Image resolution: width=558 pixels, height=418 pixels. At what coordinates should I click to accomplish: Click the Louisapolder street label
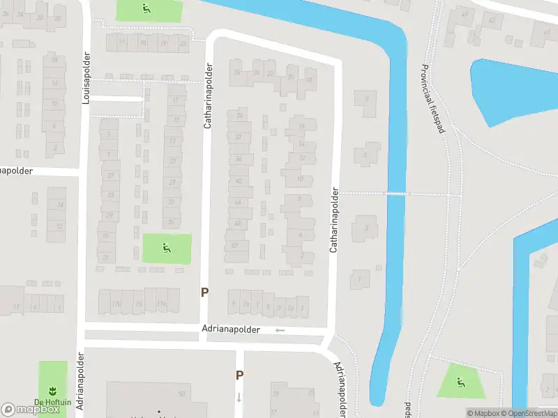(86, 78)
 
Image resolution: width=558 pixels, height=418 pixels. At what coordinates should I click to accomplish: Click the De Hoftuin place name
(52, 401)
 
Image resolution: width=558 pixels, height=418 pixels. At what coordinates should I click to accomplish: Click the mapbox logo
(30, 409)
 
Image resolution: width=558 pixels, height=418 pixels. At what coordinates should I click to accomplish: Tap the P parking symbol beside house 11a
(204, 293)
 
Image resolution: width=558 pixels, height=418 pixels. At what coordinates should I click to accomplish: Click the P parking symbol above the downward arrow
(239, 375)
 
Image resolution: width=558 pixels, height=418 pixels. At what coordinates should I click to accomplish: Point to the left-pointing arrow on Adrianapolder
(280, 330)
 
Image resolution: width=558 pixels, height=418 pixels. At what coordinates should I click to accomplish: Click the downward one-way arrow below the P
(239, 398)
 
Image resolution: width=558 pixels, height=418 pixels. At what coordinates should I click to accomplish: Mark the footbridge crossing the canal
(396, 194)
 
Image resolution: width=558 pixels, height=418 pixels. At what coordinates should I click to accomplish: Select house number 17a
(116, 304)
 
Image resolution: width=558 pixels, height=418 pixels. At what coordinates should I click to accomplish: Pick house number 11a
(161, 304)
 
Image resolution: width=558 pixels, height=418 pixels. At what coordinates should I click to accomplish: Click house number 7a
(245, 304)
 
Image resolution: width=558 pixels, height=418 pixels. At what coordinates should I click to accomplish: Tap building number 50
(181, 394)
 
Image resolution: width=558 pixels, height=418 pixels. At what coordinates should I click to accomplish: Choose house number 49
(465, 14)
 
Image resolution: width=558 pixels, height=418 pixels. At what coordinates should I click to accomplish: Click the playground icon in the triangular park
(460, 382)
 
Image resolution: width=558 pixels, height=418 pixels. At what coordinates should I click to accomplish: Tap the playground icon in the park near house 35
(166, 247)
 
